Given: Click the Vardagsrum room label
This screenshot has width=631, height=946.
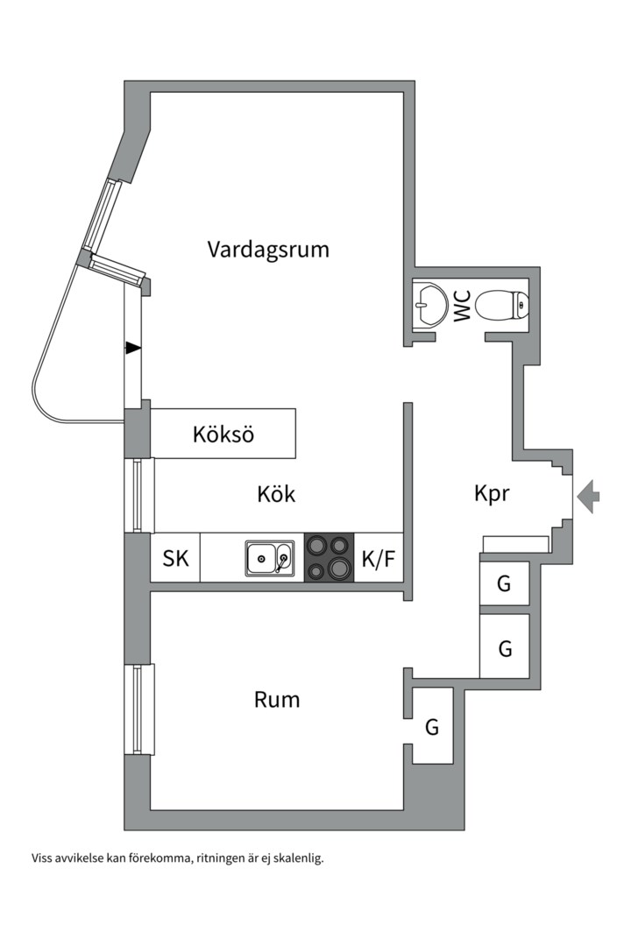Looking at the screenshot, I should click(268, 249).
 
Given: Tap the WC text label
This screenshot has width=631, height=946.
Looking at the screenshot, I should click(462, 305).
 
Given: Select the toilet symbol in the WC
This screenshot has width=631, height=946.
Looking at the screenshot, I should click(505, 305).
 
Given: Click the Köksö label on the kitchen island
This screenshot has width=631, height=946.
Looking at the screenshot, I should click(223, 434).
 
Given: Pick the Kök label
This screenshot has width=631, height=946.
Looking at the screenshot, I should click(276, 494).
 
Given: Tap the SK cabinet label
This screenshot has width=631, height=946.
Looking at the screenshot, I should click(176, 558).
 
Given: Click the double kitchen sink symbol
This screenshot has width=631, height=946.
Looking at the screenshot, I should click(270, 557).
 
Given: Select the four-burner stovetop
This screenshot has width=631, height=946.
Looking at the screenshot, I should click(329, 557).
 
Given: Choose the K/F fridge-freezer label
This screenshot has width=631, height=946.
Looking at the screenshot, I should click(379, 558).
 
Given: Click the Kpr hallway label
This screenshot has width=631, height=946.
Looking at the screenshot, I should click(492, 494).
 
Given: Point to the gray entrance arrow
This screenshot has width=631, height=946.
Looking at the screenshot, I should click(589, 496).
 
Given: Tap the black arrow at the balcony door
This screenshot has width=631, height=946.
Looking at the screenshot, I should click(132, 348).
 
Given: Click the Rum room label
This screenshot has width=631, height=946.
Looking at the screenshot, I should click(277, 700).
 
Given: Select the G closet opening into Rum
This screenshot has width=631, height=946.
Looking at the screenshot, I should click(432, 726).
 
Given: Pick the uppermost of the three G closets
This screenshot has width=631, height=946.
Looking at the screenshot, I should click(504, 583).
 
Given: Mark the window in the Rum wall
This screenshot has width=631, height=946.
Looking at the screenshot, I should click(140, 709).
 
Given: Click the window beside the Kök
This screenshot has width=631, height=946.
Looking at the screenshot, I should click(140, 495).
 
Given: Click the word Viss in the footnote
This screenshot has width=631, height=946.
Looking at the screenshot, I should click(43, 858).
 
